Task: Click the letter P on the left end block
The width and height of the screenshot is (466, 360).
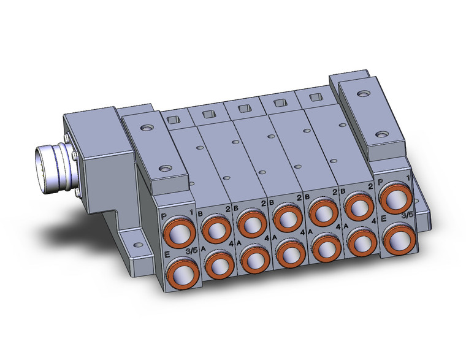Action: [163, 216]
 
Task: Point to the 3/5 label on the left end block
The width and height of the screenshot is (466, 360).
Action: [191, 250]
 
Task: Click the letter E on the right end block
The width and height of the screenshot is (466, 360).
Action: [383, 218]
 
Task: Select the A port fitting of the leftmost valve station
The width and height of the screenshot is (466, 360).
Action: [216, 264]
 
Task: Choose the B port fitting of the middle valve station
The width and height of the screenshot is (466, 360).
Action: [285, 215]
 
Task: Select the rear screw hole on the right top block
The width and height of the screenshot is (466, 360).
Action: [365, 94]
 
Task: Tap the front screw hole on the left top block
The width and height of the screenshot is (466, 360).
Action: [164, 166]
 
